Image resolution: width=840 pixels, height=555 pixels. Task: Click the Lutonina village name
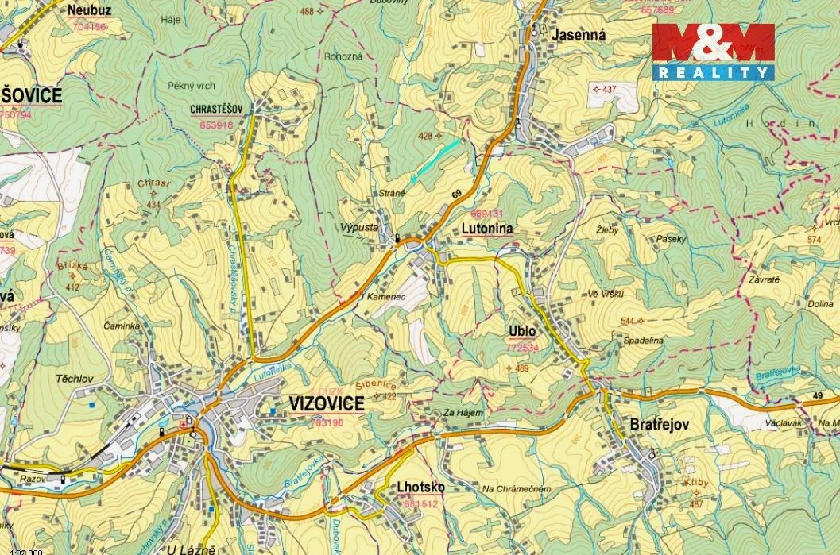coord(487,228)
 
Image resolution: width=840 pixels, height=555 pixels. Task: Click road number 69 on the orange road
coord(456,194)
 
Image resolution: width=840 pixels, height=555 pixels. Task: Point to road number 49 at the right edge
coord(818,395)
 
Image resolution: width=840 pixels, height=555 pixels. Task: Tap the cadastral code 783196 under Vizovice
coord(327,423)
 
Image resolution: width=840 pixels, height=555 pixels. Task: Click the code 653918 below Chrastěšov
coord(216,125)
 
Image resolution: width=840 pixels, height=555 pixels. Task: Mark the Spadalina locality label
coord(643,340)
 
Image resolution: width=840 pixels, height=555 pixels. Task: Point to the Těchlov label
coord(76,379)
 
